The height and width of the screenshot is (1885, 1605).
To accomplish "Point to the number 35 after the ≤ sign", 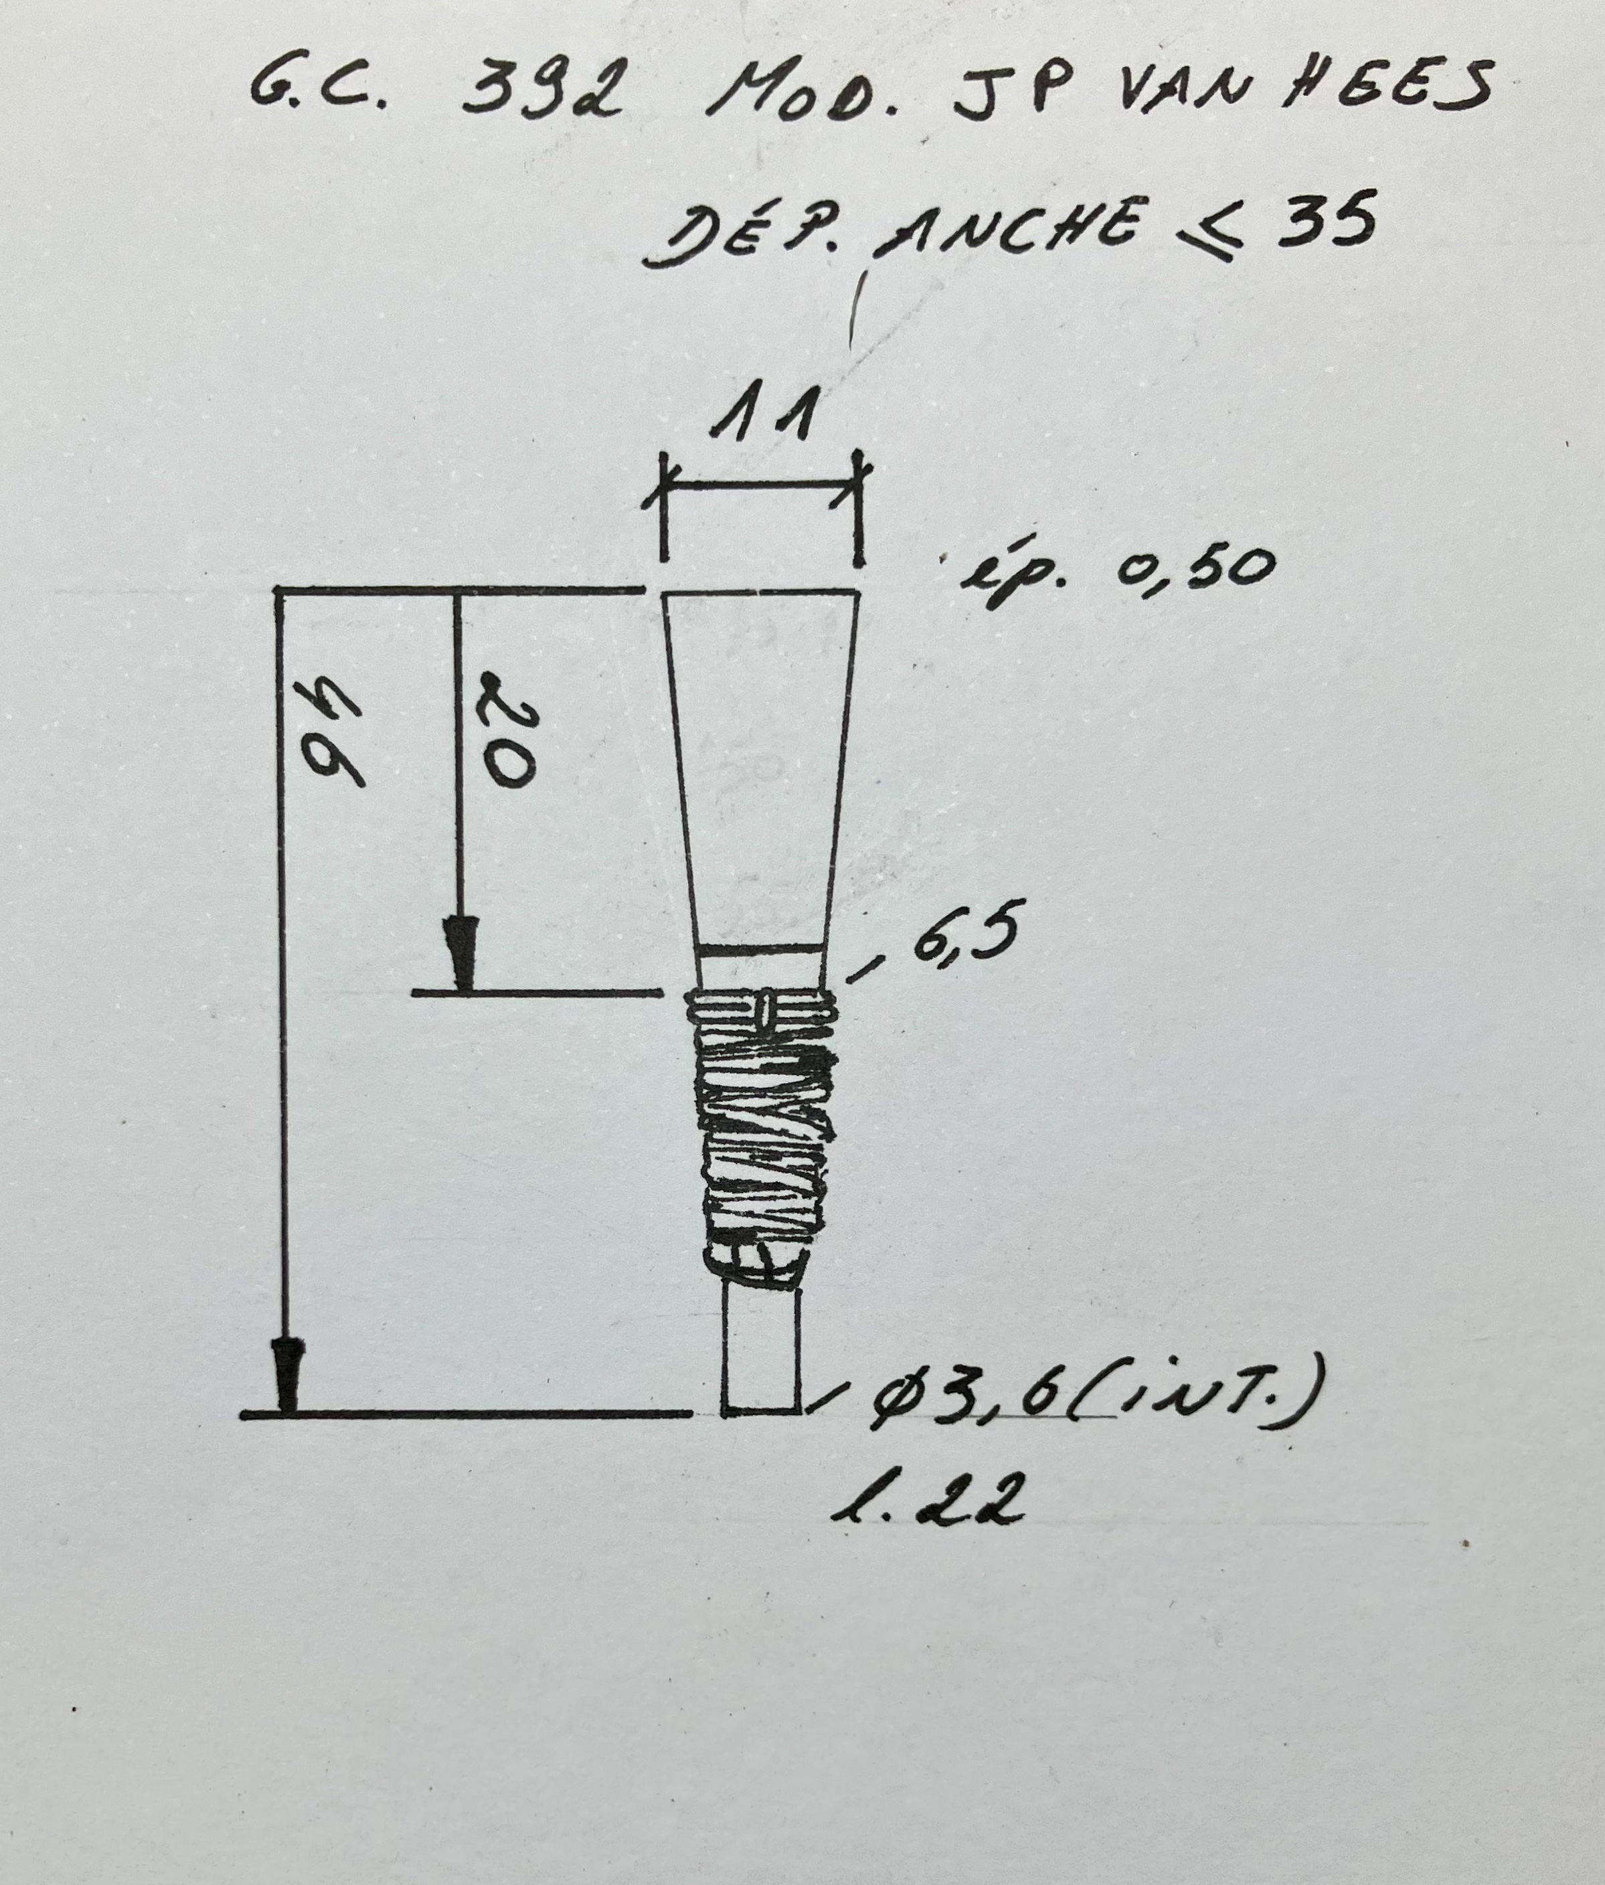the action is tap(1326, 220).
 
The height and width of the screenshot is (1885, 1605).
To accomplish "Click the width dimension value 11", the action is tap(765, 415).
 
